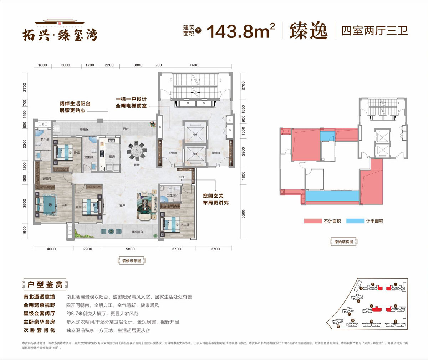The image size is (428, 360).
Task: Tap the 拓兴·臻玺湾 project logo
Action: tap(60, 33)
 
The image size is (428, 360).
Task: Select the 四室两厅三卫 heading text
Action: tap(374, 31)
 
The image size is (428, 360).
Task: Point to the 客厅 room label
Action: tap(122, 206)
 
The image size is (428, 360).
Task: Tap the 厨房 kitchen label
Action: tap(112, 157)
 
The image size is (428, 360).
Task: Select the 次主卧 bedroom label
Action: tap(185, 225)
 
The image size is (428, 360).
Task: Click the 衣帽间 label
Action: tap(46, 178)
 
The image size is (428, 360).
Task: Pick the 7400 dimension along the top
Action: tap(194, 65)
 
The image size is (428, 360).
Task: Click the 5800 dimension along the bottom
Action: tap(130, 249)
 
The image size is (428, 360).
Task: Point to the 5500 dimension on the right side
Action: tap(243, 214)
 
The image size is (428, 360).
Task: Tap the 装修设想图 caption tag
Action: tap(132, 261)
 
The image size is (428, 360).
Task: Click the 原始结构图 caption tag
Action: tap(343, 242)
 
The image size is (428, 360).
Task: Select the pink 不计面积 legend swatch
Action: tap(313, 221)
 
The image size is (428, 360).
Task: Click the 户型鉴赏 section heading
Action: tap(45, 284)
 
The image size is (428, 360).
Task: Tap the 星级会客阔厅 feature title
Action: tap(39, 313)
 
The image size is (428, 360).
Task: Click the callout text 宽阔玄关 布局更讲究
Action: tap(215, 199)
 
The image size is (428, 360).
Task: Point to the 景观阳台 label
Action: tap(137, 232)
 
